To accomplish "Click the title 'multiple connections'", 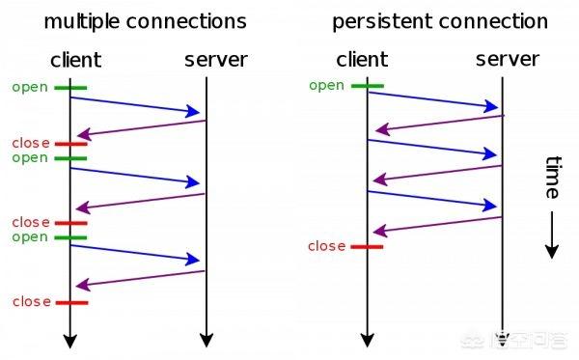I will click(146, 20).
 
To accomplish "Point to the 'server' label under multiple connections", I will click(215, 60).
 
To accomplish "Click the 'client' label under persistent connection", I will click(365, 60).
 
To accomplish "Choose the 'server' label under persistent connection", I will click(508, 60).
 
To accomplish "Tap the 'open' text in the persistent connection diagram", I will click(326, 85).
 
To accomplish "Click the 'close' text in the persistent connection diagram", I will click(326, 246).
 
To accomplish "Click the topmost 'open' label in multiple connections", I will click(30, 87).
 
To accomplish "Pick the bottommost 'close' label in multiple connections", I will click(31, 302).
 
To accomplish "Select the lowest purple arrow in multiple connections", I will click(140, 278).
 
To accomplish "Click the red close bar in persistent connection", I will click(367, 246).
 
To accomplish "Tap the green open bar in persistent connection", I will click(367, 86).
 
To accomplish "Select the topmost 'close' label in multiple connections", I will click(31, 143).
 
